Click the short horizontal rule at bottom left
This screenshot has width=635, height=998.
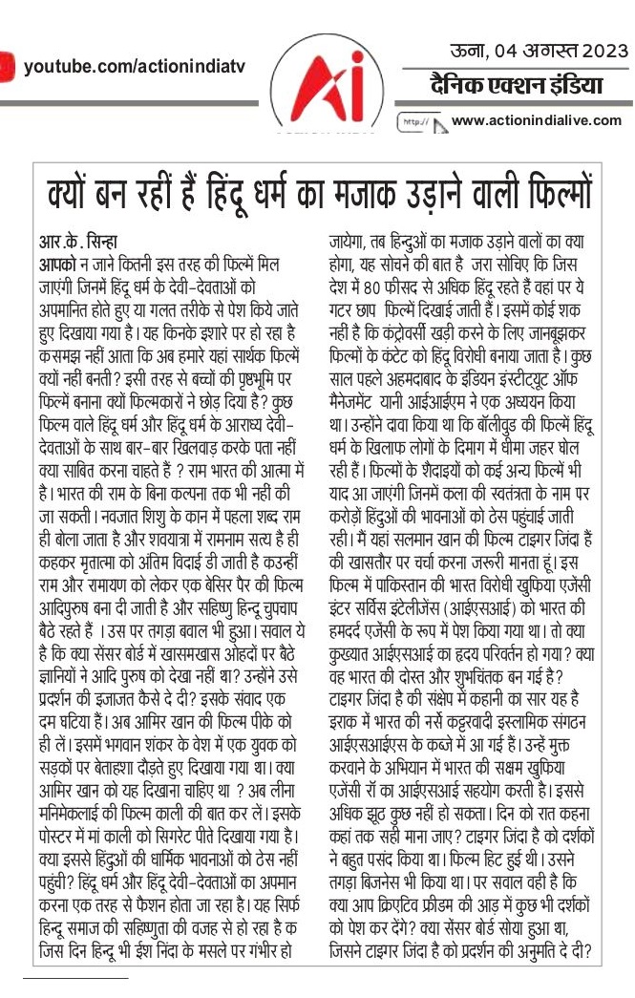coord(75,979)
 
